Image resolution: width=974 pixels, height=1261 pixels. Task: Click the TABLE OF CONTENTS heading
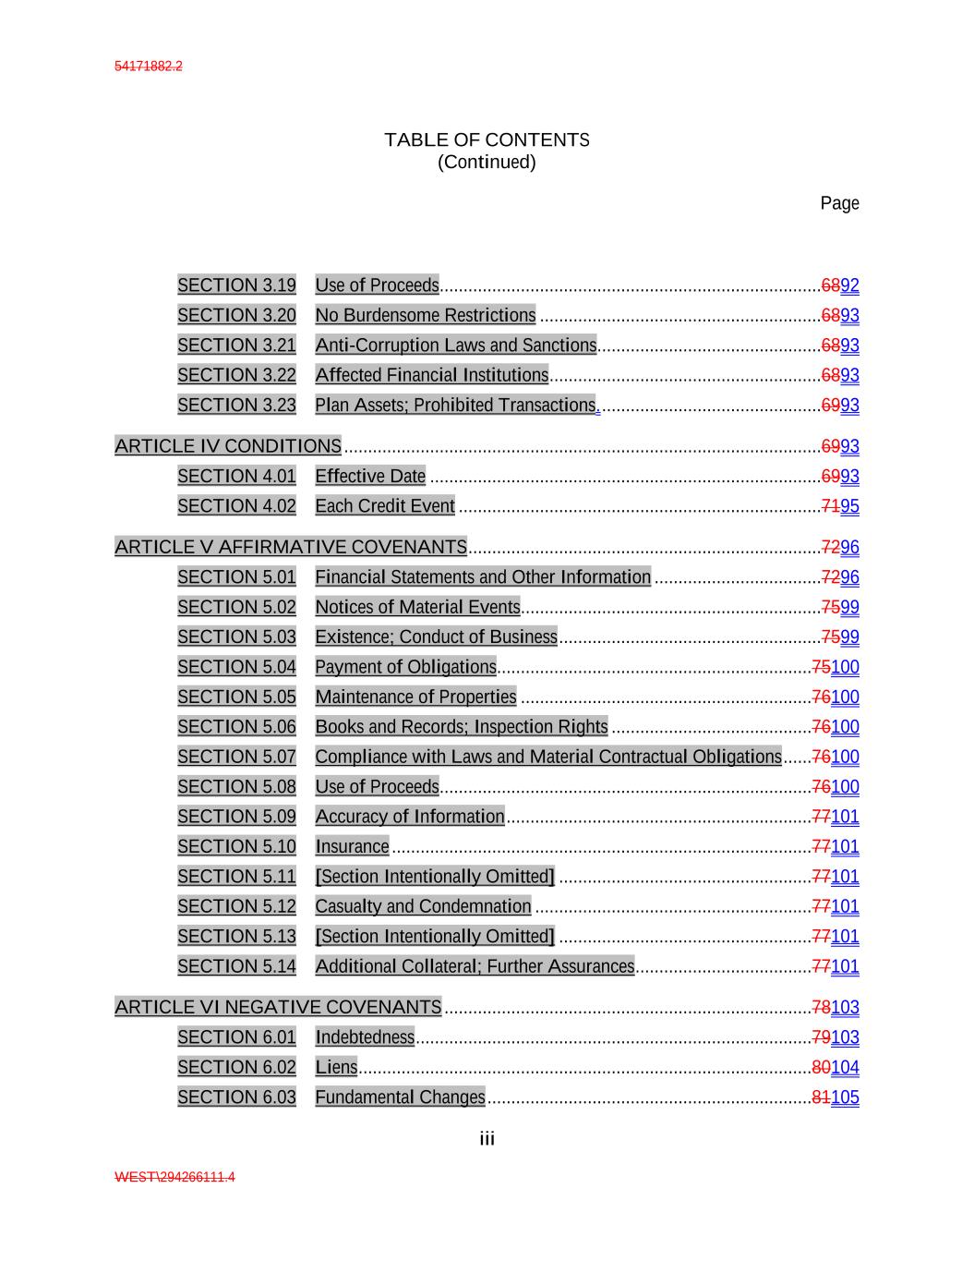click(x=487, y=140)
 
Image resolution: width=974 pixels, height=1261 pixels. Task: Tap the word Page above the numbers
click(x=839, y=203)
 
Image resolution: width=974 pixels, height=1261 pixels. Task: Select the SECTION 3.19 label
click(x=236, y=285)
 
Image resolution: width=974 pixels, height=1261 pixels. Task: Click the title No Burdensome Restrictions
click(x=425, y=316)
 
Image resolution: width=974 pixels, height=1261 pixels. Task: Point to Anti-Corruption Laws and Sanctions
click(x=455, y=346)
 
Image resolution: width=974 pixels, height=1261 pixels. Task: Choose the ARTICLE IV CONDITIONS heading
click(x=228, y=446)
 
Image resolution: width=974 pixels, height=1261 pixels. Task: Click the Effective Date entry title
click(x=370, y=477)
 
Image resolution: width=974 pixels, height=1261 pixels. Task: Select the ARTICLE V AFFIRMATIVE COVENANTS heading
click(x=291, y=547)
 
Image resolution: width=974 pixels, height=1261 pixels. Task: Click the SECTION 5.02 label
click(x=236, y=607)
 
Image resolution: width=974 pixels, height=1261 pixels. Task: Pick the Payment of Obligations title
click(x=405, y=667)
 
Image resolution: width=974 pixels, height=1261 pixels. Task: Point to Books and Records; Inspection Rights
click(x=461, y=727)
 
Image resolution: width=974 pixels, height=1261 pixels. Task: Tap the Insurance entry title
click(x=352, y=846)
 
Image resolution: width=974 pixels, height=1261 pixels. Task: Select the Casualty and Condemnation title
click(x=423, y=906)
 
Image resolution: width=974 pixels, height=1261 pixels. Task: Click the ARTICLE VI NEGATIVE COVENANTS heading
click(x=278, y=1007)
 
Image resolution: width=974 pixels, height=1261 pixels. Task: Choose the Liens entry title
click(x=336, y=1067)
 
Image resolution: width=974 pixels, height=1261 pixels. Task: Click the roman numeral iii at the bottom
click(x=487, y=1139)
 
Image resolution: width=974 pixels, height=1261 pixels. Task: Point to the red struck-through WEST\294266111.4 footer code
click(x=174, y=1177)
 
